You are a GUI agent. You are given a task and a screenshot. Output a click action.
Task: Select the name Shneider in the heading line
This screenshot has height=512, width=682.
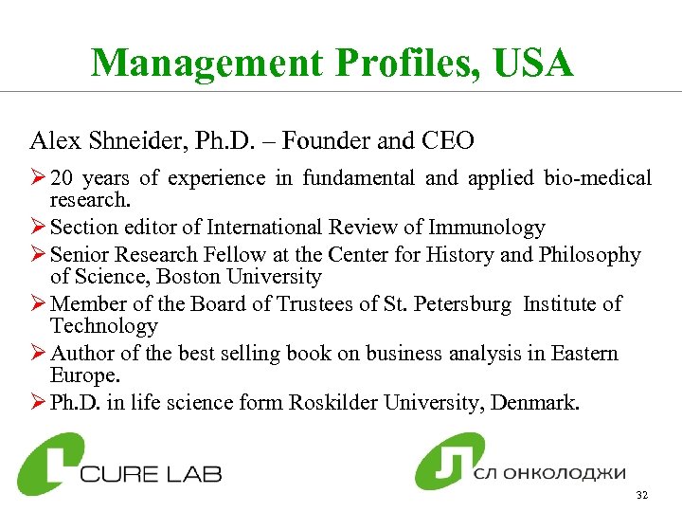pyautogui.click(x=133, y=141)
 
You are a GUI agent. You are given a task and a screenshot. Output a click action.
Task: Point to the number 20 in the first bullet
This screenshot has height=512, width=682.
pyautogui.click(x=63, y=177)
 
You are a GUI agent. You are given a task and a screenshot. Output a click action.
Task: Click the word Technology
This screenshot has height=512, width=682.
pyautogui.click(x=104, y=326)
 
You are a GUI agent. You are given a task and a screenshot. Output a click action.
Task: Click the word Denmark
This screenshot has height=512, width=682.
pyautogui.click(x=540, y=403)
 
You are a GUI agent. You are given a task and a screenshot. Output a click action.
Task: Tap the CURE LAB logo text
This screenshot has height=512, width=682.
pyautogui.click(x=152, y=471)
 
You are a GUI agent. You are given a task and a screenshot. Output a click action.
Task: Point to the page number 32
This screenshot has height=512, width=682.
pyautogui.click(x=642, y=496)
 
